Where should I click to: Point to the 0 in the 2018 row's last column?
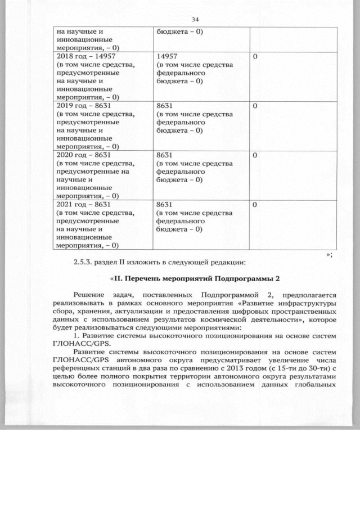click(x=255, y=57)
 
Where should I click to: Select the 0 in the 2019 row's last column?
click(x=255, y=105)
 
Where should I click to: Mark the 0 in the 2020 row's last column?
click(x=255, y=154)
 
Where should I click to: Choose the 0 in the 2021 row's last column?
click(x=255, y=204)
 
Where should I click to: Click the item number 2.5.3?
click(x=84, y=262)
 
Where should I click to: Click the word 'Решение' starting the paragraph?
click(x=89, y=295)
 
